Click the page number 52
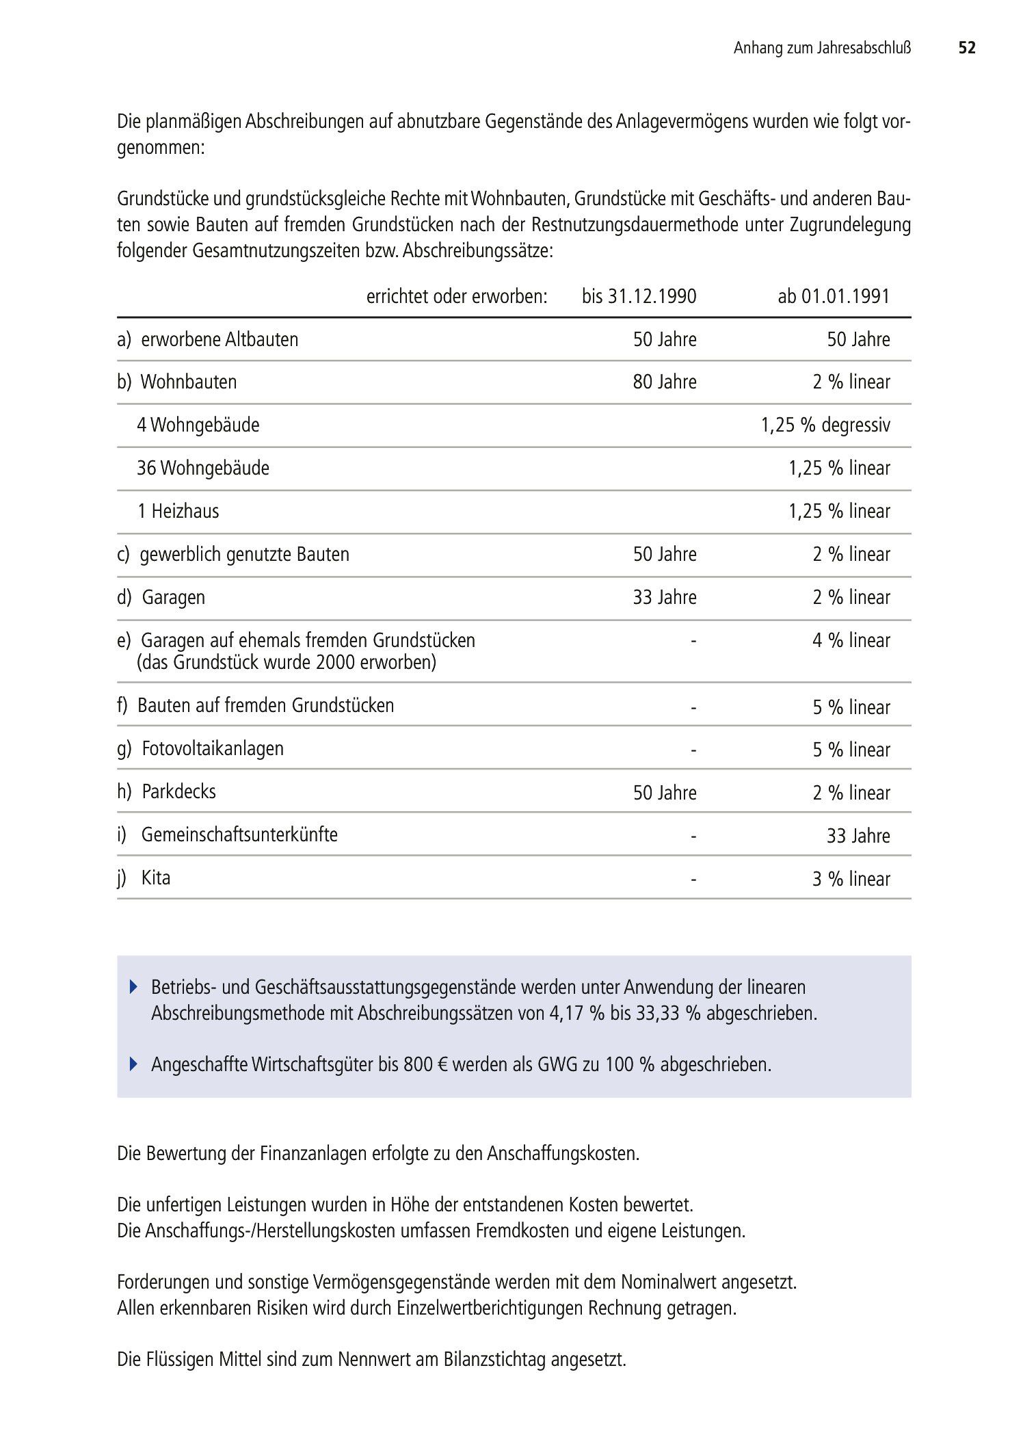pyautogui.click(x=966, y=48)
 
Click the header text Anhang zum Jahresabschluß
pyautogui.click(x=822, y=48)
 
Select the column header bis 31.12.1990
pyautogui.click(x=639, y=296)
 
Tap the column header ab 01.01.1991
pyautogui.click(x=834, y=296)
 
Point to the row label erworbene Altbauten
pyautogui.click(x=220, y=339)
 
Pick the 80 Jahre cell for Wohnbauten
pyautogui.click(x=664, y=382)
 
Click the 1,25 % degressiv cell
pyautogui.click(x=825, y=425)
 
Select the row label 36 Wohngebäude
pyautogui.click(x=203, y=468)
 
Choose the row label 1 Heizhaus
pyautogui.click(x=178, y=511)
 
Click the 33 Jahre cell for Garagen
pyautogui.click(x=664, y=597)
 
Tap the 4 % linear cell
pyautogui.click(x=851, y=640)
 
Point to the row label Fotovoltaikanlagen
pyautogui.click(x=213, y=748)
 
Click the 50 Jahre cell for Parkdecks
pyautogui.click(x=664, y=793)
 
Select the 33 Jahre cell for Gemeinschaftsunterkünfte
pyautogui.click(x=858, y=836)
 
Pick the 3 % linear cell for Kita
pyautogui.click(x=851, y=879)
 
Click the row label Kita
pyautogui.click(x=156, y=878)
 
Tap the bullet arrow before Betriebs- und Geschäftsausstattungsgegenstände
pyautogui.click(x=133, y=988)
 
